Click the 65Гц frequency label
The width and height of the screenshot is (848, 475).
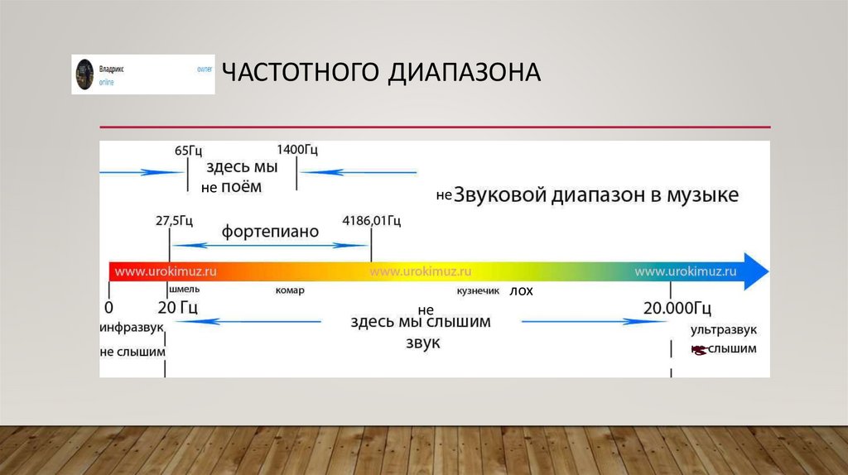[x=189, y=150]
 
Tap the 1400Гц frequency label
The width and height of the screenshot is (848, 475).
[x=297, y=150]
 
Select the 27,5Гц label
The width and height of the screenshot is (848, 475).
[x=174, y=220]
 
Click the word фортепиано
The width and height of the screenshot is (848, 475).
[x=270, y=232]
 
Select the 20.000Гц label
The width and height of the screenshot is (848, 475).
[x=677, y=309]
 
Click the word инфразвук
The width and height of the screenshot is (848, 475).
[x=132, y=329]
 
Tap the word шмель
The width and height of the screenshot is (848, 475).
[x=183, y=290]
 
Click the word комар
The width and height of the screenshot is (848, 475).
[x=290, y=290]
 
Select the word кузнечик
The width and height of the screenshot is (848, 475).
[x=479, y=291]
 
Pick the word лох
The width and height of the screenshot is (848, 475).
[x=522, y=291]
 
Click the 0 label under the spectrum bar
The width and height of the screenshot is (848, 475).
[x=108, y=309]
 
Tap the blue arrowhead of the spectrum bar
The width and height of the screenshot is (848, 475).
[x=755, y=271]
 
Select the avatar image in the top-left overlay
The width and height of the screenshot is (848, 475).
[x=84, y=74]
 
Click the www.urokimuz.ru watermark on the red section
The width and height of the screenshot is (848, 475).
[x=166, y=271]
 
